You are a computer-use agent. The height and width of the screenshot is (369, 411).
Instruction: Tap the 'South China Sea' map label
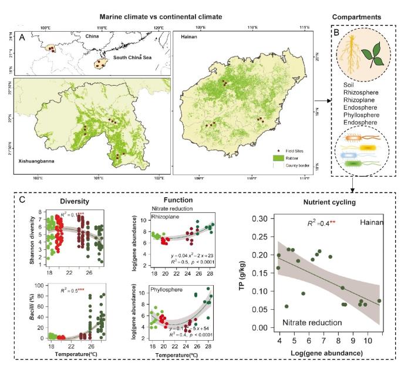pos(132,57)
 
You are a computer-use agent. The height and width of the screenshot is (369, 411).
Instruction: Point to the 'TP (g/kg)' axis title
pos(241,275)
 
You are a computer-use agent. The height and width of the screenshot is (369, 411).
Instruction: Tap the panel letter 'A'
pos(22,38)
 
